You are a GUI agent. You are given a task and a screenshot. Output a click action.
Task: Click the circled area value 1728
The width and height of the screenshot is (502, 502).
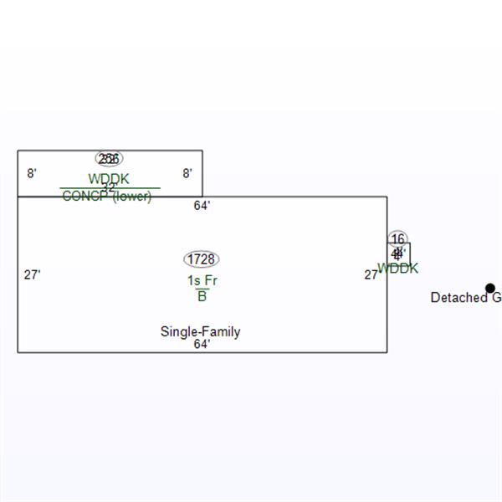[x=202, y=259]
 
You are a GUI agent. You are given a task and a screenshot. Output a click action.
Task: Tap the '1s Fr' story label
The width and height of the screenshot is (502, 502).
[x=202, y=281]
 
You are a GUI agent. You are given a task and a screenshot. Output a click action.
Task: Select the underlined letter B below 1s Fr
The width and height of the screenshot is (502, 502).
[x=202, y=296]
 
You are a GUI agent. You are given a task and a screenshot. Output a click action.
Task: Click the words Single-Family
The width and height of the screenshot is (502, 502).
[x=200, y=332]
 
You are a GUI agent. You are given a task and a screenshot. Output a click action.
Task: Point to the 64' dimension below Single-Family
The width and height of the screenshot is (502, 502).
[x=202, y=344]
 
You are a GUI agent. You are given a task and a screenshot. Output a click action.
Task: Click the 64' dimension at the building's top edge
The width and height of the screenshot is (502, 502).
[x=202, y=205]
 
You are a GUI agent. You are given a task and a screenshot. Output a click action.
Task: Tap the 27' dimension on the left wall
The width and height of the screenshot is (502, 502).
[x=32, y=274]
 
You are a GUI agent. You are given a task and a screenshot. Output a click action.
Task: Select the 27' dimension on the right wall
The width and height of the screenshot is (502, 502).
[x=371, y=274]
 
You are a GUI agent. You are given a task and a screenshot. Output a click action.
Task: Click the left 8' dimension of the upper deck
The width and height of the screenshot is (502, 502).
[x=32, y=173]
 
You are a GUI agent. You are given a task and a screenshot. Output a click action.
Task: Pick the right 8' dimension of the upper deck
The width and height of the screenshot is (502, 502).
[x=187, y=173]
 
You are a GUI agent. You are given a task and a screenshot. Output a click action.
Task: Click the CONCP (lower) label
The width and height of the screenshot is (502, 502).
[x=106, y=197]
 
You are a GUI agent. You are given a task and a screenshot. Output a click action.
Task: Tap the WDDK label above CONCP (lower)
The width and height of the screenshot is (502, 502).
[x=109, y=179]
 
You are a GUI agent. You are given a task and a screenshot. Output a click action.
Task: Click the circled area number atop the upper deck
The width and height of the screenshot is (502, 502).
[x=109, y=159]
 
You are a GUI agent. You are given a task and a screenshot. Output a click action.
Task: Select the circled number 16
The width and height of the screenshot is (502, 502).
[x=397, y=239]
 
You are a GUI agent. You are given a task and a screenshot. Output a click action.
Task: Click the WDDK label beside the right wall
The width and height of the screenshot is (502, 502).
[x=397, y=269]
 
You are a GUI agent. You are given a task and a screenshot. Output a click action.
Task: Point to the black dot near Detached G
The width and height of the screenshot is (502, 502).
[x=490, y=288]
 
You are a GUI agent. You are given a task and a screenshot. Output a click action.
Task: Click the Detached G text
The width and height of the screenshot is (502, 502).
[x=465, y=298]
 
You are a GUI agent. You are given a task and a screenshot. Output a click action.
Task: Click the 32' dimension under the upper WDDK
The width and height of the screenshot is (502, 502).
[x=109, y=187]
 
